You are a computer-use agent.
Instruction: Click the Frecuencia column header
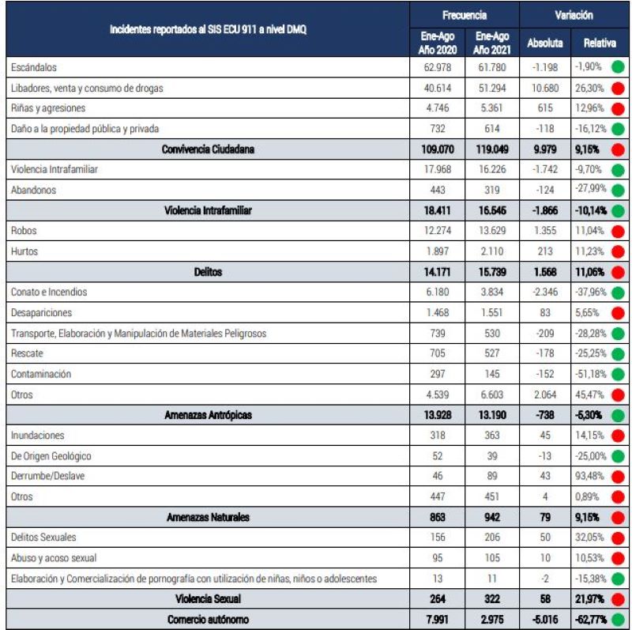tap(465, 15)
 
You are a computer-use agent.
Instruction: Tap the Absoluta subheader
tap(545, 43)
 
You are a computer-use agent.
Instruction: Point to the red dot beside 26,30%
tap(619, 89)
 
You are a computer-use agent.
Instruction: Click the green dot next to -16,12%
tap(619, 129)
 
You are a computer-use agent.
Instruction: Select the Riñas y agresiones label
tap(48, 108)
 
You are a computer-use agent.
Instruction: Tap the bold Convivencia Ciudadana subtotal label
tap(209, 149)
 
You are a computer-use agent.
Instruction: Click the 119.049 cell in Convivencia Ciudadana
tap(492, 149)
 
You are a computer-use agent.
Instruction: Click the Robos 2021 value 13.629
tap(492, 231)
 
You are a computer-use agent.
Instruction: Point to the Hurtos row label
tap(27, 251)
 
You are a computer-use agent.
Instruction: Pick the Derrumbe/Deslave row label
tap(50, 477)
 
